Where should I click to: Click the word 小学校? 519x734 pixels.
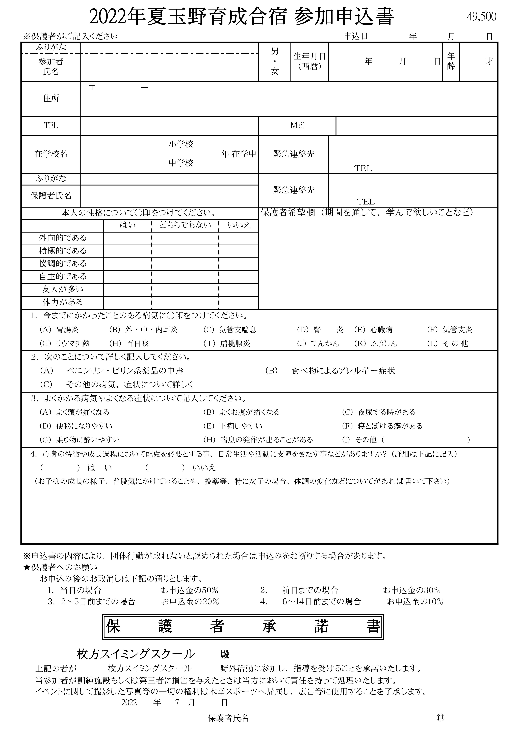[181, 144]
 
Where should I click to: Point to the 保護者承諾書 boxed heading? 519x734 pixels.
[243, 627]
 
